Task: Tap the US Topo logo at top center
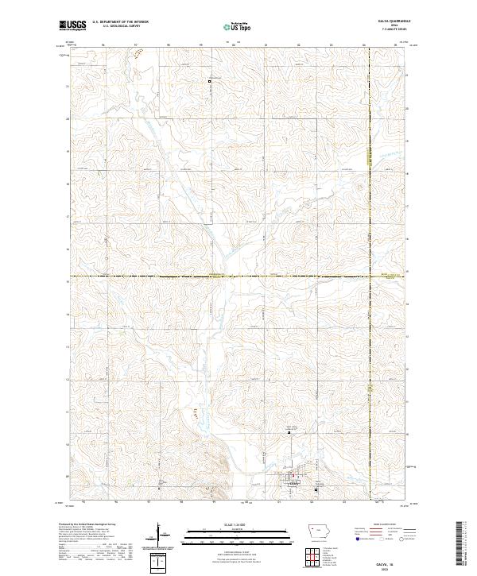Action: click(238, 26)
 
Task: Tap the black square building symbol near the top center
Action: click(210, 81)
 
